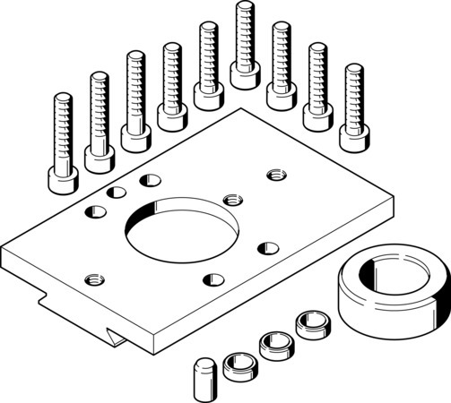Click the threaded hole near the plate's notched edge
91,280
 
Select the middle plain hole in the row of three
117,192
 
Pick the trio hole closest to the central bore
146,182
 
